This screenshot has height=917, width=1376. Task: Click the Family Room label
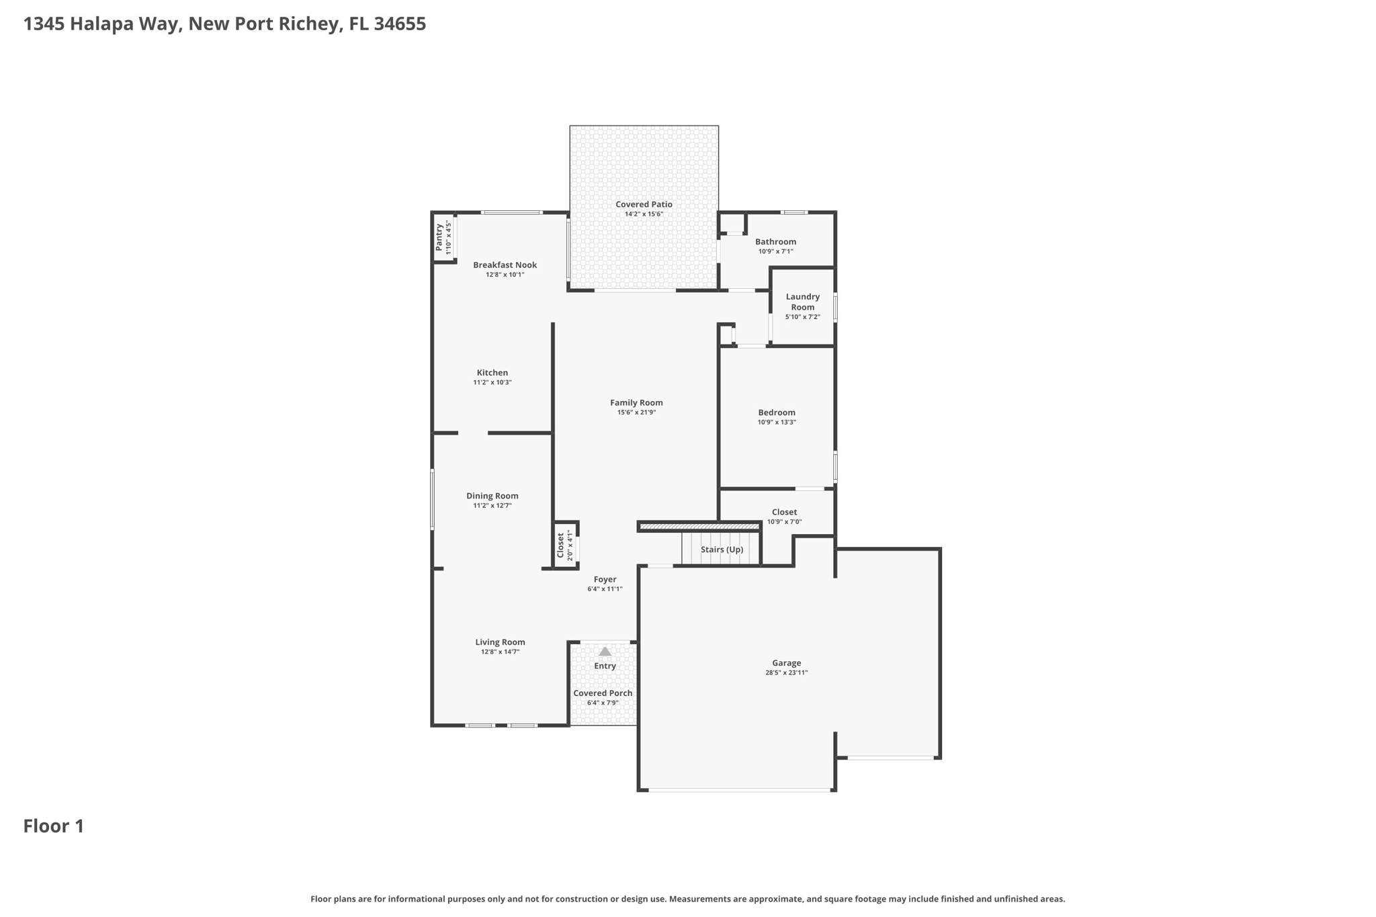coord(636,402)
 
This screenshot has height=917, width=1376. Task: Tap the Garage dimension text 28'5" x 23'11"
coord(786,672)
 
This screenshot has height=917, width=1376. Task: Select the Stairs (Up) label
coord(722,550)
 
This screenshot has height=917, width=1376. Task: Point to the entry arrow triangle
coord(605,651)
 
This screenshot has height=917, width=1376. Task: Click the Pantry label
coord(439,238)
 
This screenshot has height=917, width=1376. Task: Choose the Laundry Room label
coord(802,302)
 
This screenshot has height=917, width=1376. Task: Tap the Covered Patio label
coord(644,204)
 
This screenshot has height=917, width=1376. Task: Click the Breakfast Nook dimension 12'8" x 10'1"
coord(505,275)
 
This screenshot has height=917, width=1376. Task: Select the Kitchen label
coord(492,373)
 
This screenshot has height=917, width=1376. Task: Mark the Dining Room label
coord(492,496)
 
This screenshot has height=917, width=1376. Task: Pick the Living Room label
coord(500,642)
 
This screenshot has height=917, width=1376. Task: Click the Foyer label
coord(605,579)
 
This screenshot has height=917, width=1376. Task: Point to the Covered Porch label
coord(603,693)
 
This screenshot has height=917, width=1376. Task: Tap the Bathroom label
coord(775,242)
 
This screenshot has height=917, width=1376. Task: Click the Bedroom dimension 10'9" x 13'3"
coord(777,423)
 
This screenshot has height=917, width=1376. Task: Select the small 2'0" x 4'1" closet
coord(565,545)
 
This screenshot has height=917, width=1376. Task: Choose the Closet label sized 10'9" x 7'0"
coord(784,512)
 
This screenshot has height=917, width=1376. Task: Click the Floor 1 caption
coord(54,826)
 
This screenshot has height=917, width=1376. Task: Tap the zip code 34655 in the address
coord(400,24)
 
